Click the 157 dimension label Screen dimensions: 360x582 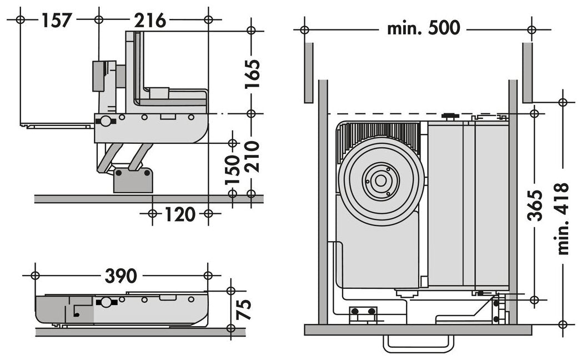click(57, 20)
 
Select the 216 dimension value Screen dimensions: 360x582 click(150, 20)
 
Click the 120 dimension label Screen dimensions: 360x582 click(180, 214)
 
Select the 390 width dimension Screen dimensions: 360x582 click(121, 276)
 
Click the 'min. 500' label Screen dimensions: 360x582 click(423, 28)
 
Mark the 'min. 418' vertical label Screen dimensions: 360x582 click(563, 218)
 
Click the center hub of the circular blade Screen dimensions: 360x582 click(380, 181)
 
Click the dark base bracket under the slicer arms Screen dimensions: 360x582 click(133, 178)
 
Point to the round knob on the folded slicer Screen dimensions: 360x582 click(104, 303)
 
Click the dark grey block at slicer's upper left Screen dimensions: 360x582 click(100, 76)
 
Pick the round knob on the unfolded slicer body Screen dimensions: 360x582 click(104, 121)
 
